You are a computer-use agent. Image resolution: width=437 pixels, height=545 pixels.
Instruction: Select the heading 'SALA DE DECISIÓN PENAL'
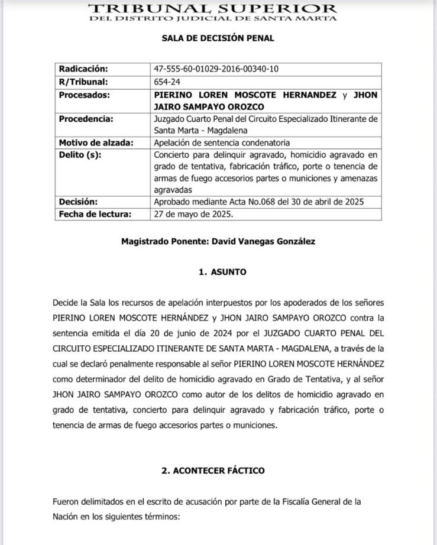pos(218,38)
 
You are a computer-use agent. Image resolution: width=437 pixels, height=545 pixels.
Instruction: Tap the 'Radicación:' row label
pos(83,69)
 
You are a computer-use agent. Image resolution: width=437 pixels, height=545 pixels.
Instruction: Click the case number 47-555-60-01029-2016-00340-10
pos(216,69)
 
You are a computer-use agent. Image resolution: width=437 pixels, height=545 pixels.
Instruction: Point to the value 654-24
pos(168,82)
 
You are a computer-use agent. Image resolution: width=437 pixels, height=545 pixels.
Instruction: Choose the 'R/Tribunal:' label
pos(82,82)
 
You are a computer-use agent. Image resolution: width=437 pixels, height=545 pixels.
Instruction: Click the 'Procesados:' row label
pos(85,95)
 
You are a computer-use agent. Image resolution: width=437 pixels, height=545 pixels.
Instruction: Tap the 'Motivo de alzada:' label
pos(96,143)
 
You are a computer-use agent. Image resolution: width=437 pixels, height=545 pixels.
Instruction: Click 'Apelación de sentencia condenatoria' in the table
pos(222,143)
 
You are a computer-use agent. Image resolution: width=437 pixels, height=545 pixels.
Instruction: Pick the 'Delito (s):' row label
pos(80,155)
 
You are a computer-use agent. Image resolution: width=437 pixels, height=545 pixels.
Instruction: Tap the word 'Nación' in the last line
pos(66,515)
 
